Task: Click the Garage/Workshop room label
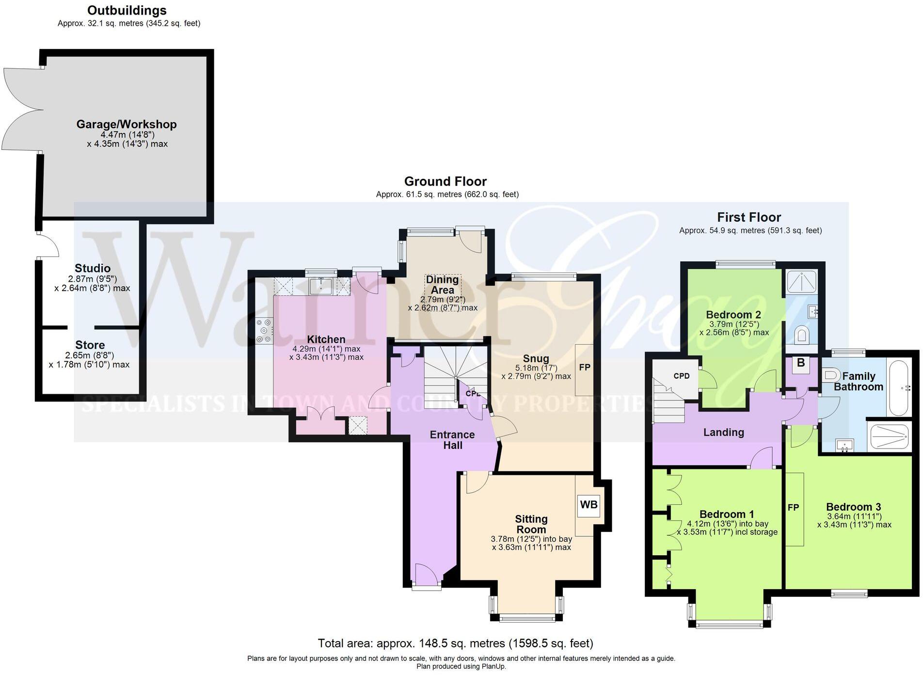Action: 127,124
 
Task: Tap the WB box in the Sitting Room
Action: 589,505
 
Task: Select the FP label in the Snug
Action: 585,368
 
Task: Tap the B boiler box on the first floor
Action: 801,363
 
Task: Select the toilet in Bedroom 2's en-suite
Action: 803,334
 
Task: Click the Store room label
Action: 90,345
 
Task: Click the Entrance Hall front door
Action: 427,575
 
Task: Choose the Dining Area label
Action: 442,285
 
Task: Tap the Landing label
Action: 723,433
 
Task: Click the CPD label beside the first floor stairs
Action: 681,376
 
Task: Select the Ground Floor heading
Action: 445,181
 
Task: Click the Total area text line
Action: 455,643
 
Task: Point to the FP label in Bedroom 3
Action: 793,508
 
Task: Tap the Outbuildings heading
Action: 127,10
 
